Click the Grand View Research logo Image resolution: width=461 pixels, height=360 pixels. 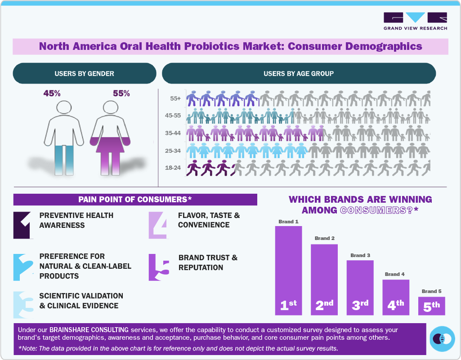click(x=415, y=21)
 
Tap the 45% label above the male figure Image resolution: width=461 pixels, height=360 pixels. click(x=52, y=93)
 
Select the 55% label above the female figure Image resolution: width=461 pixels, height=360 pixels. click(x=121, y=93)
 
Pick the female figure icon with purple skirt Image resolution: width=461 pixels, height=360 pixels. click(x=110, y=137)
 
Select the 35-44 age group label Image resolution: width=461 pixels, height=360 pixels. click(x=173, y=133)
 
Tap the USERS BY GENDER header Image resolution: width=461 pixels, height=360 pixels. click(x=84, y=73)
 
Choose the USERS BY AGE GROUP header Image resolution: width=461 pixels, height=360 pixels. click(x=299, y=73)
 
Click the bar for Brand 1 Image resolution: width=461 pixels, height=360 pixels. click(x=288, y=270)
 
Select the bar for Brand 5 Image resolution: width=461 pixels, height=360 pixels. click(x=431, y=306)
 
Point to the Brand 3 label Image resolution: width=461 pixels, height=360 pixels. click(x=360, y=255)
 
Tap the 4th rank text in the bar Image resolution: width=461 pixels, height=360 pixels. click(x=396, y=305)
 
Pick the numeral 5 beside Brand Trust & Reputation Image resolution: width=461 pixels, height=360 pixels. click(x=159, y=267)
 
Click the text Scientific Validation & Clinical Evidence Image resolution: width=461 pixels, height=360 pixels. click(x=81, y=301)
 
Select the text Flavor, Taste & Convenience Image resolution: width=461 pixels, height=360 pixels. click(x=209, y=220)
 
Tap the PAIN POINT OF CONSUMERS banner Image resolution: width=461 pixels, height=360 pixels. click(x=135, y=200)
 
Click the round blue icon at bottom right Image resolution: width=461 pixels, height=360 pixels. click(x=443, y=338)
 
